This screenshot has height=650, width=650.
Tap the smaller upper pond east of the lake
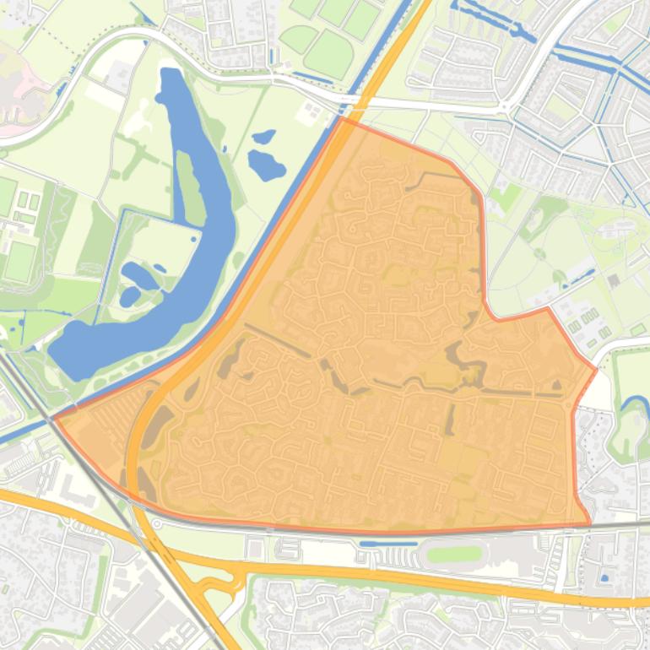(x=264, y=136)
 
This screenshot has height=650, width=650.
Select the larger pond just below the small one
(x=267, y=165)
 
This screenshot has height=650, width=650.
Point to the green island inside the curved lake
(x=188, y=186)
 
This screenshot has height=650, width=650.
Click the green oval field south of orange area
(x=453, y=555)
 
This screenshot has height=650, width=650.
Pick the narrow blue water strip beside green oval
(x=376, y=544)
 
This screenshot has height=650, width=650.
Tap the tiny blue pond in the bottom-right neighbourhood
(x=604, y=578)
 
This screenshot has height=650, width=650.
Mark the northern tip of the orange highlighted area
(x=341, y=118)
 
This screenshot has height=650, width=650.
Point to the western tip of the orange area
(x=55, y=418)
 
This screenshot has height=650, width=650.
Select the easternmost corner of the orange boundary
(x=597, y=369)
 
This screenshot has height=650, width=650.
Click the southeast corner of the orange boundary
(x=589, y=524)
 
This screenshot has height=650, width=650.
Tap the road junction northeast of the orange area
(x=504, y=107)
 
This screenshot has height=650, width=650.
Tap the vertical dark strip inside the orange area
(x=450, y=419)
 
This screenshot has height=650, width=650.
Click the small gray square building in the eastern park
(x=614, y=279)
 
